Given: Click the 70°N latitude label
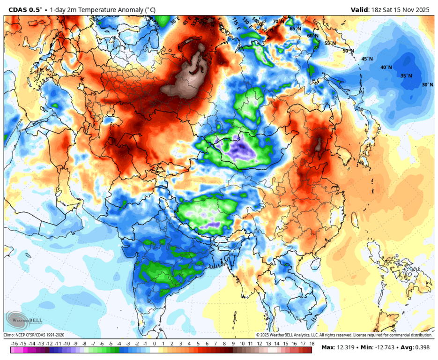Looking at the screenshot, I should point(278,22).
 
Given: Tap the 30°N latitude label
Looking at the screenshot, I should point(427,85).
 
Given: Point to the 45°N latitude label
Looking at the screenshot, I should point(366,59).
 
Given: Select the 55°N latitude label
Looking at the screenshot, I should point(330,43).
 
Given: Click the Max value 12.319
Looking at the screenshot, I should point(347,347).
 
